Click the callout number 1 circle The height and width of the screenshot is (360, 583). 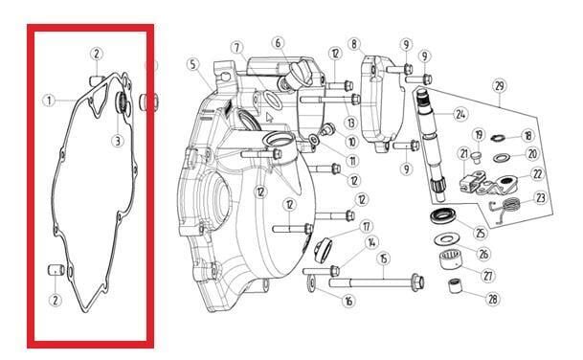[x=49, y=101]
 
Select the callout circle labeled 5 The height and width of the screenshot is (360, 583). [x=192, y=64]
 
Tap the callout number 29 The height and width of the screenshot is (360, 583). [x=500, y=86]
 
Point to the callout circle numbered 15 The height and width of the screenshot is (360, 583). [x=383, y=259]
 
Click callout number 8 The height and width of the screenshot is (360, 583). [x=354, y=44]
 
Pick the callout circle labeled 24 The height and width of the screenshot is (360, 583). [x=460, y=114]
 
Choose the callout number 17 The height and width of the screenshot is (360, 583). [x=367, y=226]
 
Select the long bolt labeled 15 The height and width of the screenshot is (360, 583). [x=376, y=283]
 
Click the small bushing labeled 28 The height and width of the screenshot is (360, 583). [x=455, y=285]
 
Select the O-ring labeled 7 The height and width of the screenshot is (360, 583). [x=272, y=101]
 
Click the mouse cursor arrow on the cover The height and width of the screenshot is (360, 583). [x=269, y=118]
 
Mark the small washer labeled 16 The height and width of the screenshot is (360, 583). [x=311, y=284]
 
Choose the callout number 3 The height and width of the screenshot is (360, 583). [x=118, y=141]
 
